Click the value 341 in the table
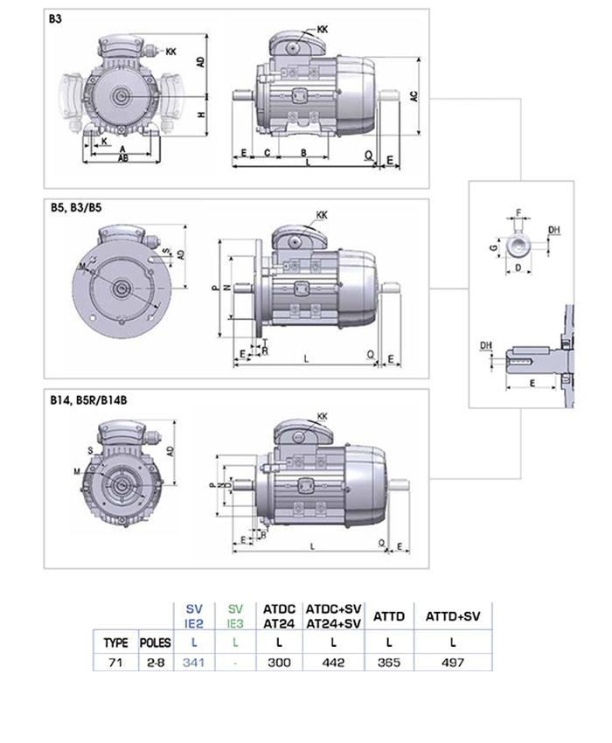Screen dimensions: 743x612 [193, 663]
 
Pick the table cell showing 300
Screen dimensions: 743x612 [278, 663]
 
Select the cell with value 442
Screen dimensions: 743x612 [333, 663]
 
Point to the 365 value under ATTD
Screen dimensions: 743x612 [388, 663]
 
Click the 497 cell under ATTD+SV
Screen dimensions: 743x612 [453, 663]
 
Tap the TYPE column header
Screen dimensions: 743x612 [115, 642]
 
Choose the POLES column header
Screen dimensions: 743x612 [156, 642]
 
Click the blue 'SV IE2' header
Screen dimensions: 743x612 [193, 616]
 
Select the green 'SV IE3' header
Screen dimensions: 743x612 [235, 616]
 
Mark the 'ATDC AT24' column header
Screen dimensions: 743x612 [278, 616]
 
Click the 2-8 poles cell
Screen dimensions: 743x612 [156, 663]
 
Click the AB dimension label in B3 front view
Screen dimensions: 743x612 [124, 159]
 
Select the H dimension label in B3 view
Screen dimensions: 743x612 [200, 115]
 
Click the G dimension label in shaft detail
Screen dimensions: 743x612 [494, 248]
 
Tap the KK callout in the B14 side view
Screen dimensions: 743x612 [322, 416]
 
